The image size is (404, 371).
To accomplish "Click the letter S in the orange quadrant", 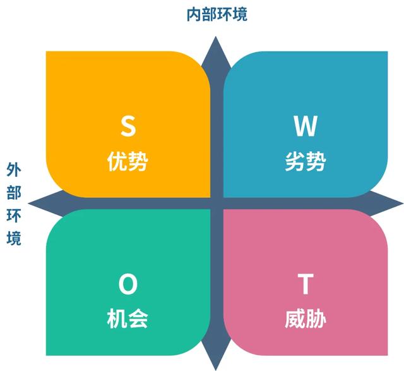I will click(128, 126).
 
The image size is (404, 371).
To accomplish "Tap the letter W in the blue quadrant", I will click(306, 126).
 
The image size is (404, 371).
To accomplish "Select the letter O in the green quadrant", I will click(128, 286).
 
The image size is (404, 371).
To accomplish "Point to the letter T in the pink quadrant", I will click(306, 286).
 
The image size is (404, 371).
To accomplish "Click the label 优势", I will click(128, 162).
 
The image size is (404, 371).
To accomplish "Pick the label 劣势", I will click(306, 162).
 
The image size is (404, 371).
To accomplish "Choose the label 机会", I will click(128, 319).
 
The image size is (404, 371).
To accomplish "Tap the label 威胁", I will click(306, 319).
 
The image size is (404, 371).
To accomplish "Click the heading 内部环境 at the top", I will click(217, 14).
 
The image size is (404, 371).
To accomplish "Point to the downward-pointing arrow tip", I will click(216, 367).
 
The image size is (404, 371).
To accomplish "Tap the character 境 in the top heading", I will click(241, 14).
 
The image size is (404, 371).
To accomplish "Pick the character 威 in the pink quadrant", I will click(295, 319).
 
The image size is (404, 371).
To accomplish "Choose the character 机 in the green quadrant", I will click(117, 319).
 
